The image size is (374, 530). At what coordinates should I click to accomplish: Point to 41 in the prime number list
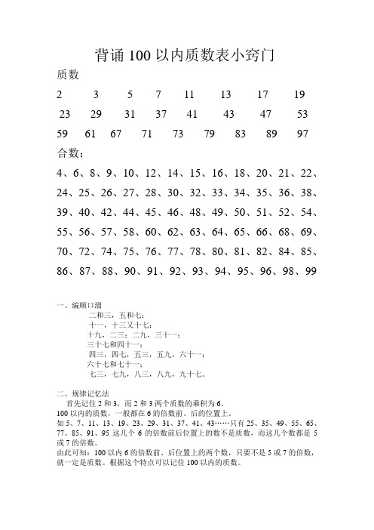[191, 115]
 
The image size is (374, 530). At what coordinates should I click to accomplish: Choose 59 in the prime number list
[63, 134]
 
